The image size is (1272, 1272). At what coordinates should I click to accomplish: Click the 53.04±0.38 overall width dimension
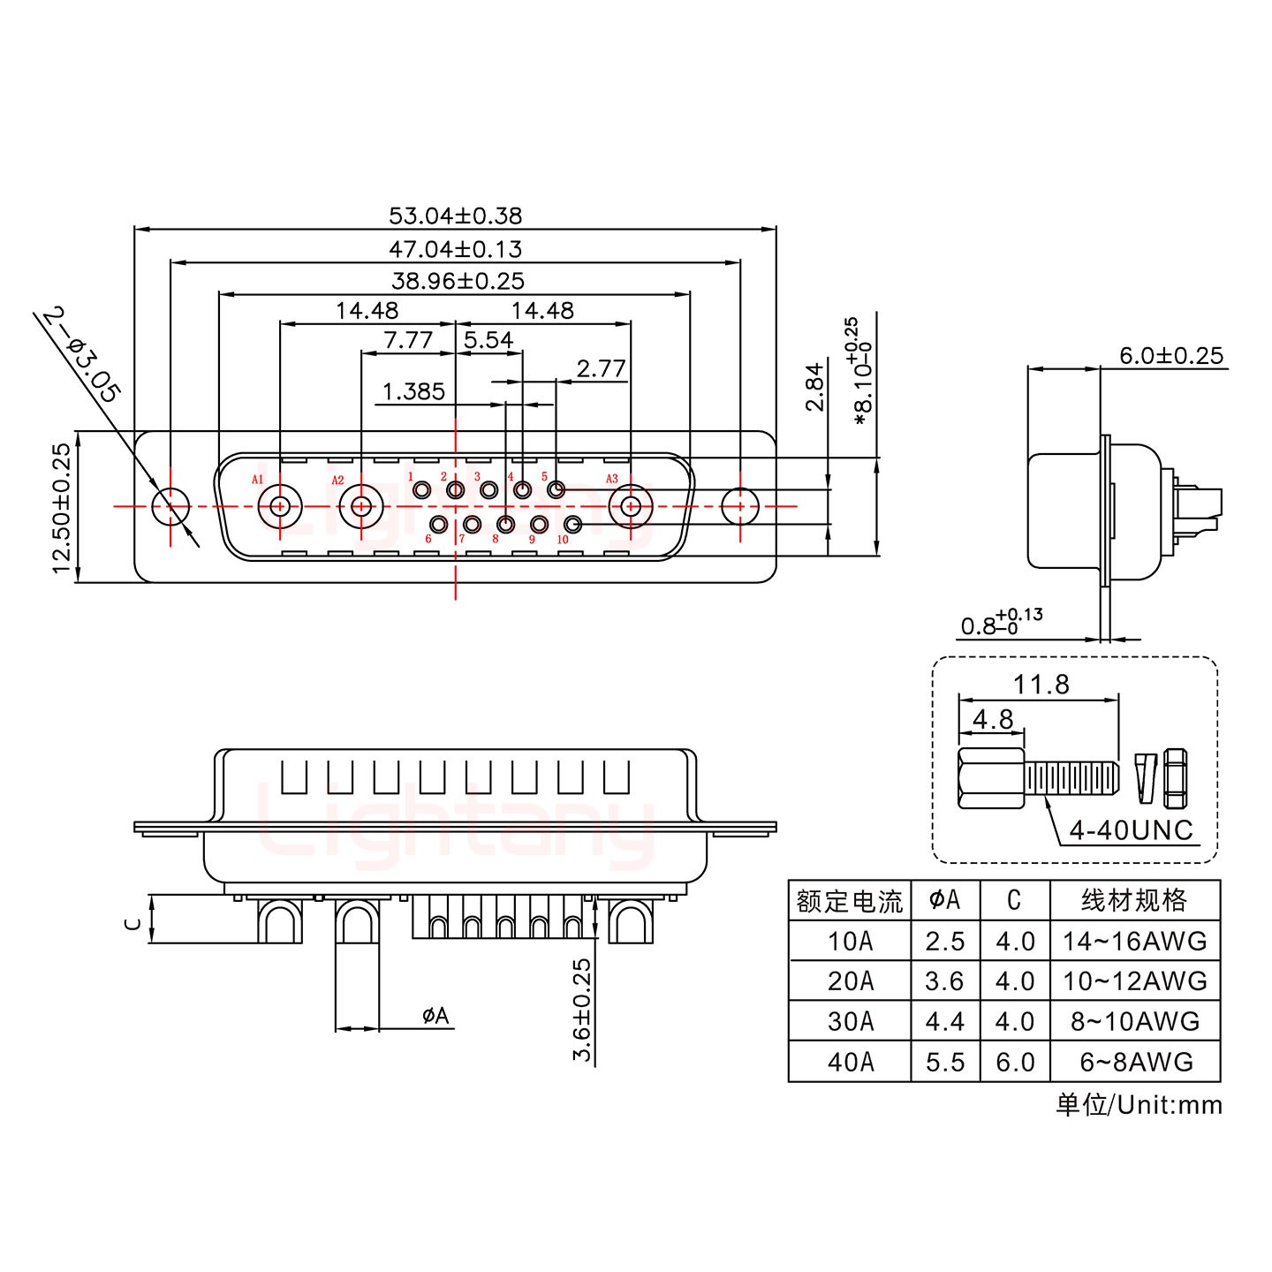point(455,216)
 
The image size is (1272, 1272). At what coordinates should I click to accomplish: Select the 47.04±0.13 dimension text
point(455,249)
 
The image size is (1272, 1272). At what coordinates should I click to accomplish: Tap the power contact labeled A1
point(280,506)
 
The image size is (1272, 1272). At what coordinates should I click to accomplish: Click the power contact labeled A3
point(631,506)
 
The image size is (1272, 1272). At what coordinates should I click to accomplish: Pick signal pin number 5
point(556,489)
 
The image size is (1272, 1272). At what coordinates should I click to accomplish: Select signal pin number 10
point(572,525)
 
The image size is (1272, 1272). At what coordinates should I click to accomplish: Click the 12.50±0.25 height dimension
point(61,508)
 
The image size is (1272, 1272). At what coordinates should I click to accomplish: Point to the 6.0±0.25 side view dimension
point(1170,356)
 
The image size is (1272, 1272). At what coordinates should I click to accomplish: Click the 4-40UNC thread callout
point(1131,830)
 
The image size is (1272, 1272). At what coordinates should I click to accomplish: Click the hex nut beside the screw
point(1175,778)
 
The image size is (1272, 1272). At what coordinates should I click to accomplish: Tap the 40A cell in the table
point(850,1062)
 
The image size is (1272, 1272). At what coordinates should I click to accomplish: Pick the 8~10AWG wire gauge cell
point(1135,1021)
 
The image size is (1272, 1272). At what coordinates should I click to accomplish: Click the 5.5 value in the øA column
point(945,1062)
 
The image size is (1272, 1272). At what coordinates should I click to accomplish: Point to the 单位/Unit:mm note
point(1139,1105)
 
